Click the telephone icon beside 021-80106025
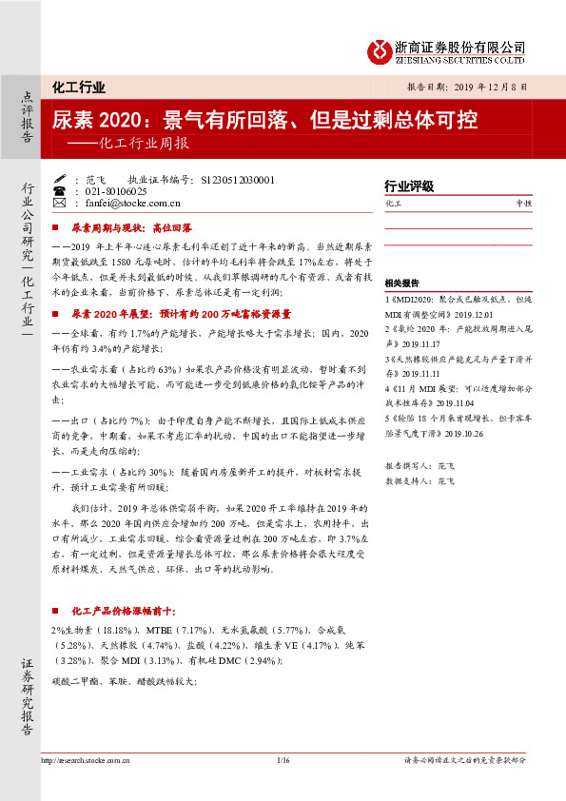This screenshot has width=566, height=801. [60, 190]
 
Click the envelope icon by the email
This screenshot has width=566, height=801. [60, 203]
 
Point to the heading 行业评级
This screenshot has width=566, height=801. [408, 186]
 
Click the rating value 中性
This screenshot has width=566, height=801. [523, 204]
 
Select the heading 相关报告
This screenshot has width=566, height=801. [402, 283]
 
